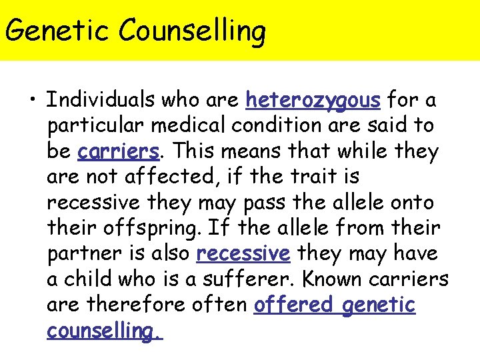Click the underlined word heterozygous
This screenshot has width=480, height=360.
coord(313,100)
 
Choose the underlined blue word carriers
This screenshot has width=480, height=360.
coord(119,151)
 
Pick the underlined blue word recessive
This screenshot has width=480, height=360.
coord(243,254)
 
